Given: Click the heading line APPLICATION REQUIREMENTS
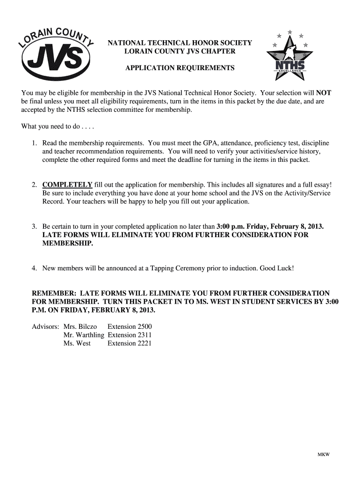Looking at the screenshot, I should [180, 68].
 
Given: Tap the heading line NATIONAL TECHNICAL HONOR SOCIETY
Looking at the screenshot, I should [180, 43].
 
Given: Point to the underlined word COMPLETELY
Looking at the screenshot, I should [67, 185].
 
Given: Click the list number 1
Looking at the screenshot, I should [34, 143].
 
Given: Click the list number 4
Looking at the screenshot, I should [34, 269].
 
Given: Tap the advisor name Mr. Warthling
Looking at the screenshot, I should [84, 335].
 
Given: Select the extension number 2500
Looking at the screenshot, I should [142, 327].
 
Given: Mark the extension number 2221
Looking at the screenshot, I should [142, 343].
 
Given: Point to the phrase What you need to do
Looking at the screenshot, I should [49, 126].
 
